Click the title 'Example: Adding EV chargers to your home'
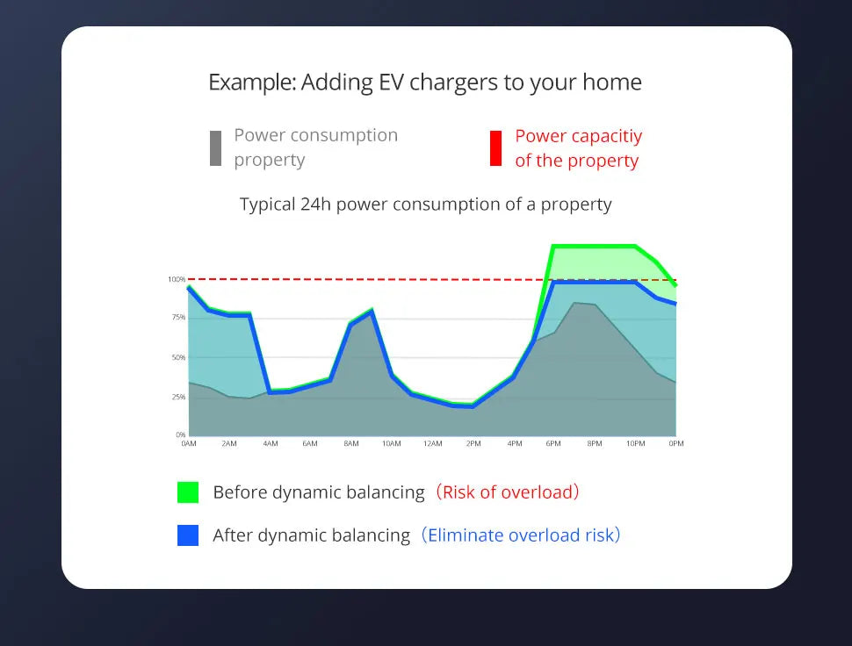(x=425, y=83)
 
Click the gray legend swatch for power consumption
(x=215, y=148)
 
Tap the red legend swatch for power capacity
(x=495, y=148)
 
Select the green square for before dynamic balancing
(x=188, y=492)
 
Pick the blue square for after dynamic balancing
(x=188, y=535)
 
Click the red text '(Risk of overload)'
(x=508, y=492)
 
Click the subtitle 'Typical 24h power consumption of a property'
(x=425, y=205)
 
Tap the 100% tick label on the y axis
(x=177, y=279)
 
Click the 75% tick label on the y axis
(x=177, y=318)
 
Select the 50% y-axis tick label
(x=177, y=358)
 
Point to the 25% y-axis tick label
(x=177, y=398)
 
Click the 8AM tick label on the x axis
(x=350, y=444)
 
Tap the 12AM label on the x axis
(x=432, y=444)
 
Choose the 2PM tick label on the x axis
(x=473, y=444)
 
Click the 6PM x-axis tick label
(x=553, y=444)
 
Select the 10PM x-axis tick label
(x=635, y=444)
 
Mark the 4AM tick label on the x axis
(x=270, y=444)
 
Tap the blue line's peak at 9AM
(x=372, y=311)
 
